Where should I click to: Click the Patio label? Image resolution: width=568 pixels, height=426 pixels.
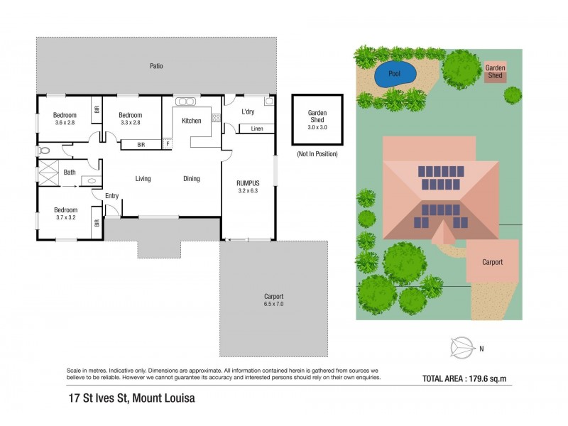(x=156, y=66)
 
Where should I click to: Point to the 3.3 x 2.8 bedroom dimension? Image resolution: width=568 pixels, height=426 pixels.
(x=130, y=123)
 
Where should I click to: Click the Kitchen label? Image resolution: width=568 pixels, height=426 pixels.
(x=191, y=121)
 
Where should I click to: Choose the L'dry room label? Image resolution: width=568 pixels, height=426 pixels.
(x=248, y=112)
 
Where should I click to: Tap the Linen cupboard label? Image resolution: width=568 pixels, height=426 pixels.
(x=257, y=129)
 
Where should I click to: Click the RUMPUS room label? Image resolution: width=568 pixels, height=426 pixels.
(x=248, y=183)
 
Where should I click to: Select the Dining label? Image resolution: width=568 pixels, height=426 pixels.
(x=192, y=179)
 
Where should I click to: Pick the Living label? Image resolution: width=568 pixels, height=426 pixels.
(x=143, y=179)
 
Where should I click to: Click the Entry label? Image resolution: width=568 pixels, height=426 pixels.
(x=111, y=196)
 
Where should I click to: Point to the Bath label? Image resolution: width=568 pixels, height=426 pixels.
(x=70, y=173)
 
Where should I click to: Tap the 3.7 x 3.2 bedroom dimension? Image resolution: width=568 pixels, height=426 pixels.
(x=65, y=218)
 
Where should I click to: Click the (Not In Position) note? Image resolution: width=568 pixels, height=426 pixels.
(x=317, y=154)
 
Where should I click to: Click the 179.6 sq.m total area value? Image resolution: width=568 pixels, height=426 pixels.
(x=493, y=378)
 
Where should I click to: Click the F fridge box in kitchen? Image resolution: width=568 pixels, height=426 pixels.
(x=168, y=143)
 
